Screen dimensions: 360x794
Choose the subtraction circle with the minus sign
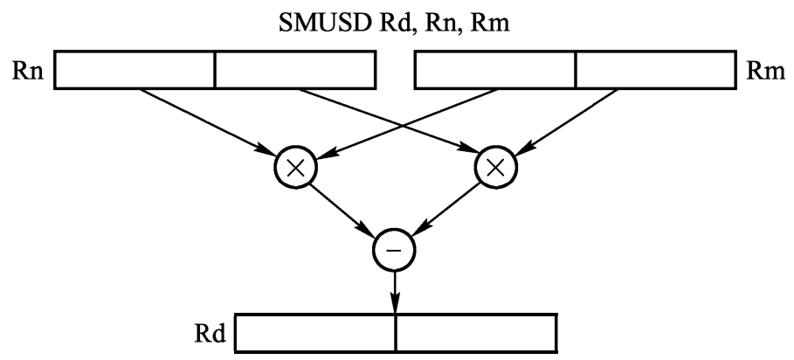(x=396, y=252)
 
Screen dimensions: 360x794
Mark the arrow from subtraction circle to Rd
(x=396, y=290)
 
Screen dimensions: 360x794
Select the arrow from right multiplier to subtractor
(x=445, y=210)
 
